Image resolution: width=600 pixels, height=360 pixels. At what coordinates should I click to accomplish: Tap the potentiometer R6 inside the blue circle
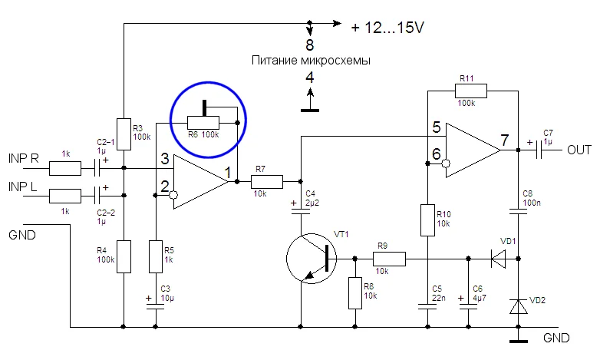pyautogui.click(x=204, y=121)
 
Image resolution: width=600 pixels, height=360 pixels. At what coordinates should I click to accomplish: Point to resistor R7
pyautogui.click(x=268, y=181)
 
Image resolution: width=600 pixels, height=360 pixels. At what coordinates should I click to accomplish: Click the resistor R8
pyautogui.click(x=354, y=292)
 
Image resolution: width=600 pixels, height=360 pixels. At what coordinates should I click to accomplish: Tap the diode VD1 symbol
pyautogui.click(x=498, y=259)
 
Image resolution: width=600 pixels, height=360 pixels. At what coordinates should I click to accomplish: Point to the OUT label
pyautogui.click(x=579, y=150)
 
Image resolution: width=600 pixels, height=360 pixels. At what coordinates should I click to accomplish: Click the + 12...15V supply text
pyautogui.click(x=388, y=27)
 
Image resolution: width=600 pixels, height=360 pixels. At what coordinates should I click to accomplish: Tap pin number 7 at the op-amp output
pyautogui.click(x=503, y=140)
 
